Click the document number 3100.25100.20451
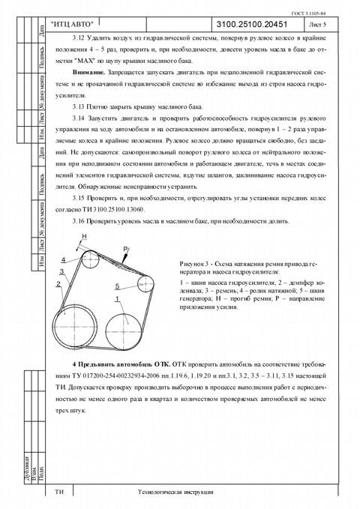coord(251,24)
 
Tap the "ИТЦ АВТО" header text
coord(72,24)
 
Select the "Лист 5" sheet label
coord(317,25)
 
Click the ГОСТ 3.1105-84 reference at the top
coord(309,13)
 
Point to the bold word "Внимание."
coord(89,72)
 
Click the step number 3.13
coord(78,106)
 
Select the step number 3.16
coord(78,222)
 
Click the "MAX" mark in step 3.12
coord(82,61)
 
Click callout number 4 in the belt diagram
coord(64,260)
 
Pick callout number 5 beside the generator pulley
coord(117,286)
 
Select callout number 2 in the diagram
coord(58,284)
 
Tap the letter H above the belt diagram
coord(85,237)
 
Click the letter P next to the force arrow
coord(126,249)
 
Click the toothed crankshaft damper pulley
coord(76,326)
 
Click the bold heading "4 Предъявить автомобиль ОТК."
coord(122,364)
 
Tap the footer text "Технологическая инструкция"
coord(175,492)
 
